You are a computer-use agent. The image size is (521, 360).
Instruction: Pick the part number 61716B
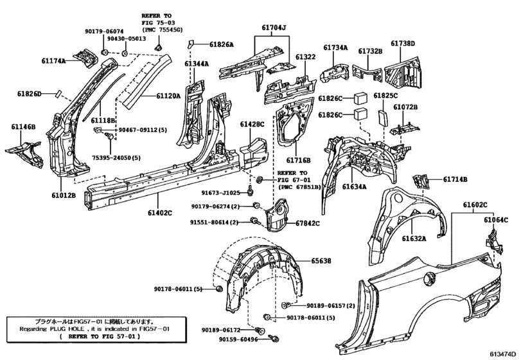click(297, 160)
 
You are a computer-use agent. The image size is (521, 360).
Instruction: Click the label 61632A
click(414, 239)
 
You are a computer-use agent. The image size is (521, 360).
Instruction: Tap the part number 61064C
click(495, 220)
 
